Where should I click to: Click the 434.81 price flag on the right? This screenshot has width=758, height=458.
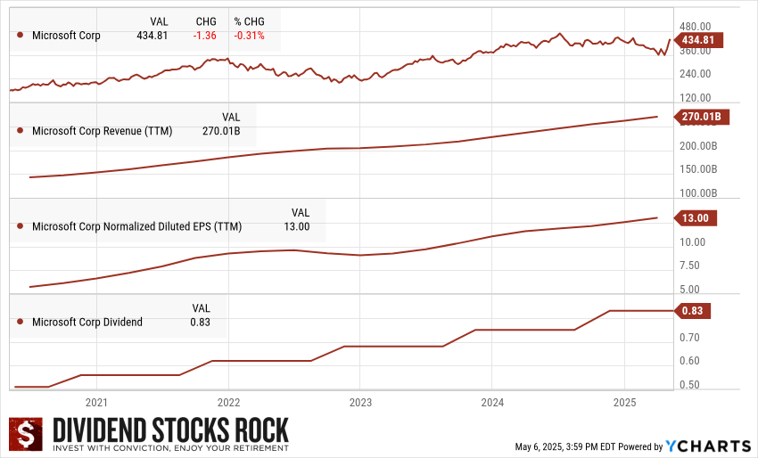[x=696, y=40]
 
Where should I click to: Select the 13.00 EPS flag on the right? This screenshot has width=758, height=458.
[x=695, y=217]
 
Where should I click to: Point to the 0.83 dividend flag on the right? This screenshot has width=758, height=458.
[x=692, y=311]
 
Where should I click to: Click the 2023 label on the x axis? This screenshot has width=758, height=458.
[x=359, y=403]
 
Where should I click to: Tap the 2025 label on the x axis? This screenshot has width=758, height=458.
[x=624, y=403]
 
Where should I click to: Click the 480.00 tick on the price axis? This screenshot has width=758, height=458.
[x=696, y=27]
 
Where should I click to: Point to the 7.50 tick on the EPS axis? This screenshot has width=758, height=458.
[x=692, y=266]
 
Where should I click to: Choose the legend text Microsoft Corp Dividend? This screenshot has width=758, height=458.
[x=87, y=322]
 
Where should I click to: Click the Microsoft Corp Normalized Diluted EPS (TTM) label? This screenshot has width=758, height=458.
[x=136, y=226]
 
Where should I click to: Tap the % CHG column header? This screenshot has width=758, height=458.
[x=251, y=20]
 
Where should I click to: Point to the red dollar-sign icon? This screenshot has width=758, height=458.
[x=26, y=435]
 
